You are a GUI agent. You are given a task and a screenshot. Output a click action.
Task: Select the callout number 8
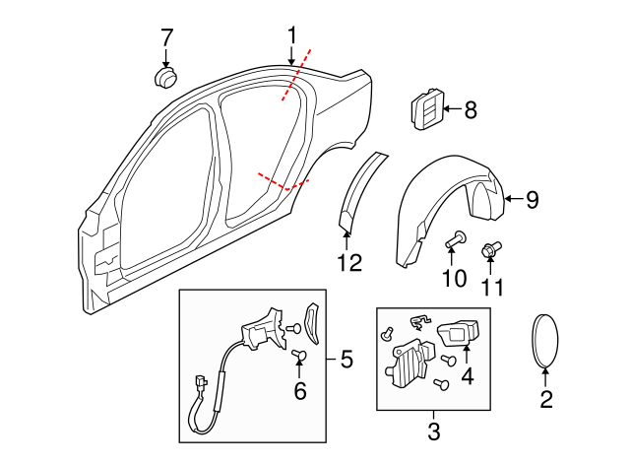pyautogui.click(x=470, y=110)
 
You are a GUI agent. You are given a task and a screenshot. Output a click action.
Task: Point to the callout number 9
pyautogui.click(x=532, y=200)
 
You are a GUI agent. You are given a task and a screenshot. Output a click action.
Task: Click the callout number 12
pyautogui.click(x=349, y=263)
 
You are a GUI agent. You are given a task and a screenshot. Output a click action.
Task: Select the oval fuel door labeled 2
pyautogui.click(x=546, y=341)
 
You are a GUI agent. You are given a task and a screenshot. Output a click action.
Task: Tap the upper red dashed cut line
pyautogui.click(x=298, y=74)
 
